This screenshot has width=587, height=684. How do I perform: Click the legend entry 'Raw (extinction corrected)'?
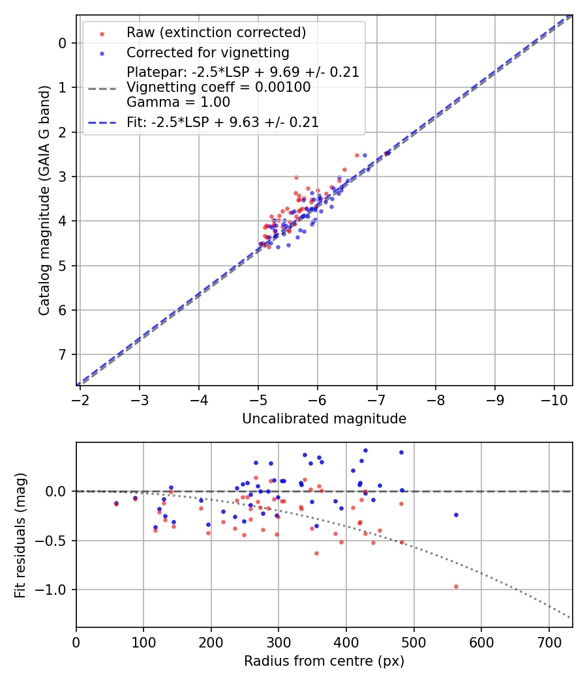pos(216,33)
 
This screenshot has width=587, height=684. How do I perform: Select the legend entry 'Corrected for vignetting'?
pos(207,52)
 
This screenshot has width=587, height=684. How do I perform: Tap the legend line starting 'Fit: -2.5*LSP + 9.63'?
pos(222,122)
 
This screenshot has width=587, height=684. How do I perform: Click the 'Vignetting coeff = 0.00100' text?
pos(218,87)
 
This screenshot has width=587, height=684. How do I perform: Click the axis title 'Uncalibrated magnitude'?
pos(324,419)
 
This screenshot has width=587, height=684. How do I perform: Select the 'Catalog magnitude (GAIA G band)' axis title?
pos(44,200)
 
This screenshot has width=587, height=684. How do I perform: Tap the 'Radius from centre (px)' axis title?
pos(324,661)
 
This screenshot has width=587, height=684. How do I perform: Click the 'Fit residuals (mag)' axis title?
pos(20,535)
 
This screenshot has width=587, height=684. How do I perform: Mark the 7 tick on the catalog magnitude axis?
pos(63,354)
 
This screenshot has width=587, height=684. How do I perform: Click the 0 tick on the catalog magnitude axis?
pos(63,43)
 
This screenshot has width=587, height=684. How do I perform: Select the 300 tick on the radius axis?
pos(278,641)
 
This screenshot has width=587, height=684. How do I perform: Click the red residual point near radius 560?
pos(456,586)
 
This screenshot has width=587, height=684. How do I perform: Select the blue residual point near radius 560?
pos(456,515)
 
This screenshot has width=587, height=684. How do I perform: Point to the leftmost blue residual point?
pos(116,503)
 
